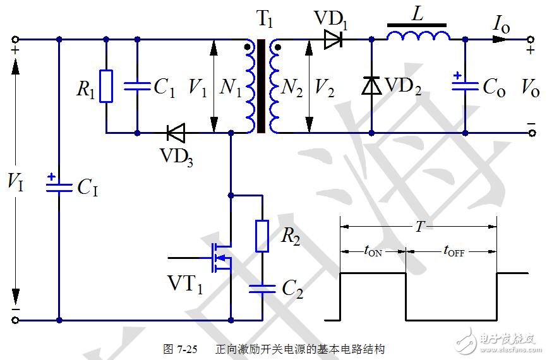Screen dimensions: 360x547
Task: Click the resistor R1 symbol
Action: coord(106,86)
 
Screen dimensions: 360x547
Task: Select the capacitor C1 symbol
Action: coord(137,87)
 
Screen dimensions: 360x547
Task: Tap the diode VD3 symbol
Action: coord(176,133)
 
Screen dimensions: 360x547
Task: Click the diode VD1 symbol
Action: coord(333,39)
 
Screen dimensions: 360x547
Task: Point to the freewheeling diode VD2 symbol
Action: coord(371,85)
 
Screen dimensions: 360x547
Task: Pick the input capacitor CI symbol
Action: coord(59,185)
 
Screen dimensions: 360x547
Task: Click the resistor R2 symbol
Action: coord(262,236)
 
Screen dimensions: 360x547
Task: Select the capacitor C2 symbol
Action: coord(262,289)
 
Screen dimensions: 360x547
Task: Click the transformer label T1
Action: coord(265,19)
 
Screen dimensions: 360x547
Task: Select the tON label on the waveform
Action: coord(373,251)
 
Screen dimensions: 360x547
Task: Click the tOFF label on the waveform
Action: coord(451,251)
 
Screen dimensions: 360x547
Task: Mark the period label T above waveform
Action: coord(419,227)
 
